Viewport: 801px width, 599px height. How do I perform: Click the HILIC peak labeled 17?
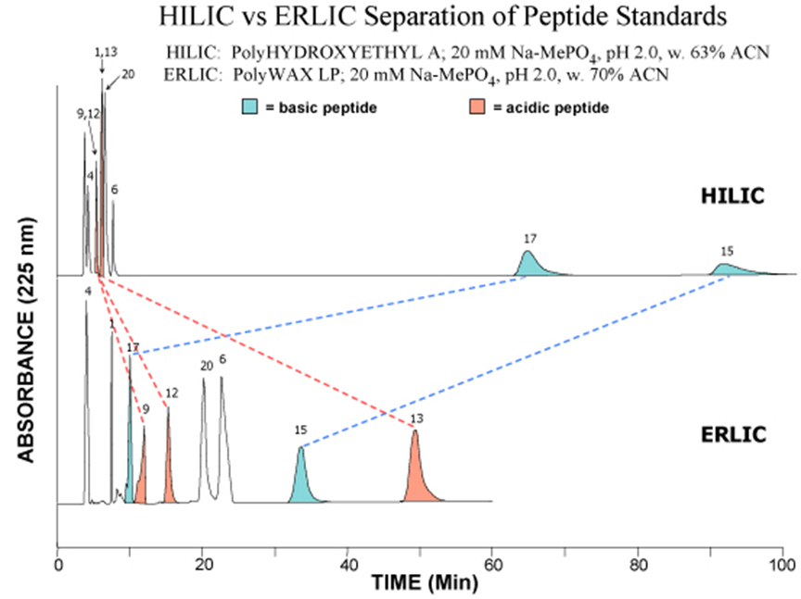click(528, 265)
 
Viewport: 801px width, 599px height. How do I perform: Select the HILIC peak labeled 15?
click(725, 269)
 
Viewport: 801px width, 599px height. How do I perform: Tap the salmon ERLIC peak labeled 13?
click(416, 472)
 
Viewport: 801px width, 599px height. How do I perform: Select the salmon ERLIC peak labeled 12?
click(168, 463)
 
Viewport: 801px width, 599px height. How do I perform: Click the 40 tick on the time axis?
click(348, 563)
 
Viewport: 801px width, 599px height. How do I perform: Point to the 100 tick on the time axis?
click(783, 563)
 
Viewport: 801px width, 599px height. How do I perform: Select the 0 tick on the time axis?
click(58, 563)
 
